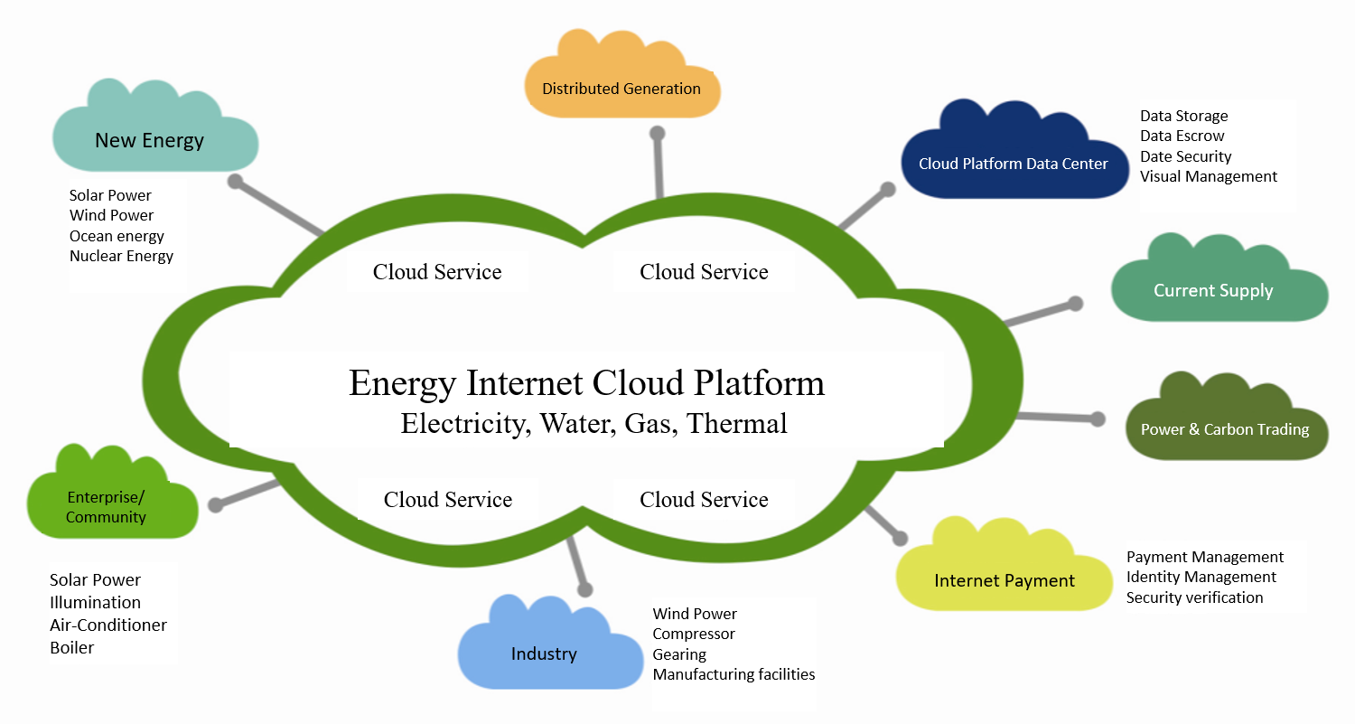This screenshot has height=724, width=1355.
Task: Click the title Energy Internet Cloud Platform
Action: click(x=586, y=382)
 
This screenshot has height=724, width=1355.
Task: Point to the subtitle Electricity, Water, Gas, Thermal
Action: click(x=593, y=423)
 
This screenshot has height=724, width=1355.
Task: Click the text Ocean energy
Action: click(x=117, y=236)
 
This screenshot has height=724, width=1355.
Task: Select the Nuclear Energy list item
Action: click(x=121, y=256)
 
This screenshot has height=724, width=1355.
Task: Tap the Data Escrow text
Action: click(x=1182, y=136)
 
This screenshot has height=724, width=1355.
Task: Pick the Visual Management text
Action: click(x=1209, y=176)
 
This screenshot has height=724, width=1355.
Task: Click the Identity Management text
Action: click(x=1201, y=577)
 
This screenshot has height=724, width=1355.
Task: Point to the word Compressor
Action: click(x=694, y=634)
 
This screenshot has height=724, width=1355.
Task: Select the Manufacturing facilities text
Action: click(x=734, y=674)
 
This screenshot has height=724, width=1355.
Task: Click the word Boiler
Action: click(x=71, y=647)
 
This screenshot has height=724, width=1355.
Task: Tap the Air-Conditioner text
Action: click(x=108, y=625)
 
